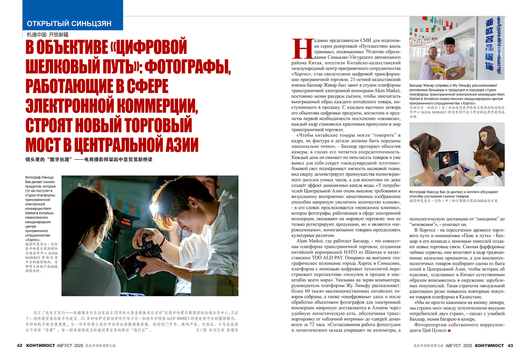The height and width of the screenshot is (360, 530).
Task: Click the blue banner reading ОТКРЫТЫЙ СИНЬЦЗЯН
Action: click(69, 23)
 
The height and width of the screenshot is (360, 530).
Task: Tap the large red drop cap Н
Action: click(303, 49)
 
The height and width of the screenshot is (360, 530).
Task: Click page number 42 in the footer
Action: click(20, 345)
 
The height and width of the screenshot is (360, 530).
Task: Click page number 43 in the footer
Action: click(510, 345)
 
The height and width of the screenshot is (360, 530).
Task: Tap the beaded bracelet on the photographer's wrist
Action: click(165, 242)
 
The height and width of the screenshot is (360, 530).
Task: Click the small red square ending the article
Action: click(449, 330)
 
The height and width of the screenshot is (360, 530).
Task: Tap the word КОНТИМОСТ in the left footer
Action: click(41, 345)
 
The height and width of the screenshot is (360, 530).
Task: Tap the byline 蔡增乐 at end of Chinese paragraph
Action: click(232, 330)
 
